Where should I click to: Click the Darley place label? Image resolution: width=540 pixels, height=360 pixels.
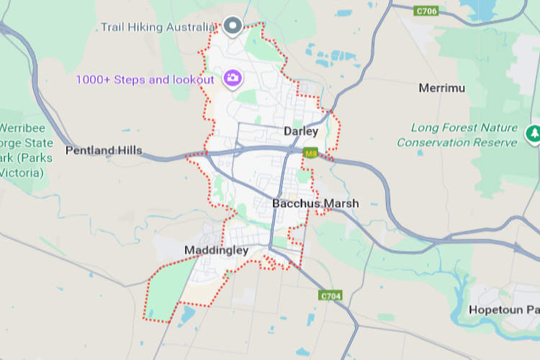click(x=301, y=131)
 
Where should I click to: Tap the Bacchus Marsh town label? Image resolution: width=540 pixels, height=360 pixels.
click(x=315, y=204)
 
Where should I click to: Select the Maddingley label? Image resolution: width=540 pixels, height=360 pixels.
click(x=216, y=251)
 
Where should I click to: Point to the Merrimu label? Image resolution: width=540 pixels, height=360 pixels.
click(x=442, y=88)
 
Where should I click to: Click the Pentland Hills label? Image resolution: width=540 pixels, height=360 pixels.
click(x=104, y=150)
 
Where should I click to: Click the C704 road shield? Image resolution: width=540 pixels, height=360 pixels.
click(x=330, y=295)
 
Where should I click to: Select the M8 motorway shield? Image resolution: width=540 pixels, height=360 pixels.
click(x=311, y=153)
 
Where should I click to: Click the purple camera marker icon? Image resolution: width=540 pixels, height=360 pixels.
click(x=232, y=78)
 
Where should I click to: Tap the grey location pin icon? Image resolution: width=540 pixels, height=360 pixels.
click(x=232, y=27)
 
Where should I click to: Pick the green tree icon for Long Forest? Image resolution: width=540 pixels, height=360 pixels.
click(x=534, y=133)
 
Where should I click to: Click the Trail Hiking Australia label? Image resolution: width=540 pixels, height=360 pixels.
click(x=158, y=27)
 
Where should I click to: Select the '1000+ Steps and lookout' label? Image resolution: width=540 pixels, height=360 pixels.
click(x=145, y=79)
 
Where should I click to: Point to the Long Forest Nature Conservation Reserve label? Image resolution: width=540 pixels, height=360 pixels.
click(x=457, y=135)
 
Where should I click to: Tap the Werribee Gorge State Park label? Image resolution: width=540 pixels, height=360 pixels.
click(x=22, y=147)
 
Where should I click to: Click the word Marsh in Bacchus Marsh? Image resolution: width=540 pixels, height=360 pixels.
click(x=341, y=204)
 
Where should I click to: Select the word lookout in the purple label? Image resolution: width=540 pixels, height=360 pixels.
click(x=191, y=79)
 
